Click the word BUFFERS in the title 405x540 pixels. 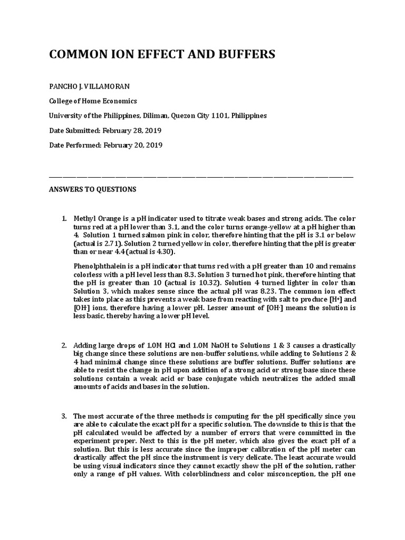[x=243, y=55]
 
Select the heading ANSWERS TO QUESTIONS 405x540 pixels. [x=92, y=189]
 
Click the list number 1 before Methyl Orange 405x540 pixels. [x=63, y=219]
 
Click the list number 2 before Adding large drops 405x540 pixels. [x=63, y=345]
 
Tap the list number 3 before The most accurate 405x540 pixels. [x=63, y=416]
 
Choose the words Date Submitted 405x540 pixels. [x=73, y=130]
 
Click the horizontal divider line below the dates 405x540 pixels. [x=201, y=176]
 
